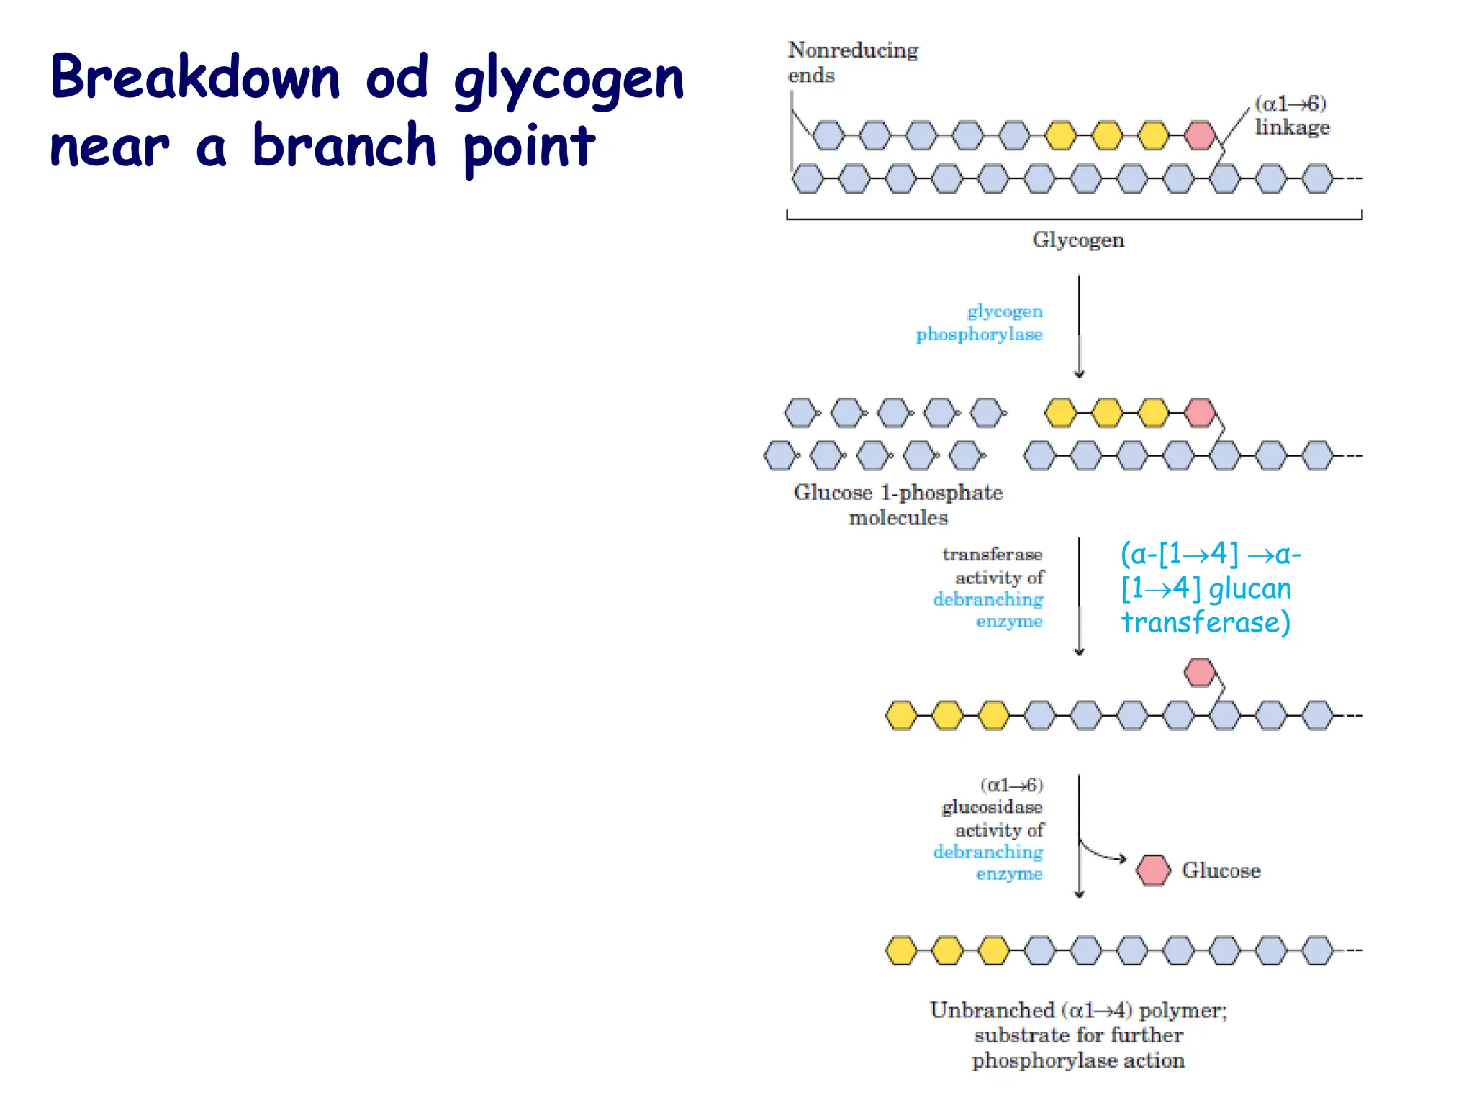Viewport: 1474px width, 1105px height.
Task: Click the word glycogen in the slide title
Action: click(569, 81)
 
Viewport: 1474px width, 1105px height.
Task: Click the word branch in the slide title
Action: click(344, 146)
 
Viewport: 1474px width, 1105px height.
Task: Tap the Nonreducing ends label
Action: click(852, 63)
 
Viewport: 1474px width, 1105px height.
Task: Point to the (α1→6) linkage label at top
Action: click(1292, 115)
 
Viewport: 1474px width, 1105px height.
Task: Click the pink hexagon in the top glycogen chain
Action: click(1200, 135)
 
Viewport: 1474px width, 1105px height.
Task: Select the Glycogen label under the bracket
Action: click(1077, 240)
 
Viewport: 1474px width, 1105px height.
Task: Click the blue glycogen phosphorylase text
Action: click(980, 322)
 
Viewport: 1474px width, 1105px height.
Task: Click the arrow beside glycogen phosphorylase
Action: click(1079, 327)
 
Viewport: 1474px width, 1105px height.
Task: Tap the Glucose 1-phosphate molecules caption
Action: click(898, 504)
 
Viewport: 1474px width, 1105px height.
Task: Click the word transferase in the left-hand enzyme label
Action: click(992, 555)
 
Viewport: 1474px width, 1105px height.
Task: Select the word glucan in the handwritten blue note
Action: click(1249, 588)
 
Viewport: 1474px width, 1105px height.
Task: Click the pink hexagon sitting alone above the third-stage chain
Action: click(1200, 673)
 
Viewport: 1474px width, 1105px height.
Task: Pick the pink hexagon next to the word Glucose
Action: click(1153, 870)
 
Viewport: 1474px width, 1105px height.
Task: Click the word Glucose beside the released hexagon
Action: click(1221, 870)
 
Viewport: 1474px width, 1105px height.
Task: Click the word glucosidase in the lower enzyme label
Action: click(992, 807)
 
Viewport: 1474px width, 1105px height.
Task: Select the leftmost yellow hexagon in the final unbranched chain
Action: click(901, 950)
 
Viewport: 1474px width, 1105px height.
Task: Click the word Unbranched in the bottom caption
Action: click(992, 1010)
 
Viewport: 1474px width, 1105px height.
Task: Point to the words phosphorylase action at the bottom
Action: click(1077, 1060)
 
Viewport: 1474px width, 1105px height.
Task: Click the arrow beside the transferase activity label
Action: click(1079, 597)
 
